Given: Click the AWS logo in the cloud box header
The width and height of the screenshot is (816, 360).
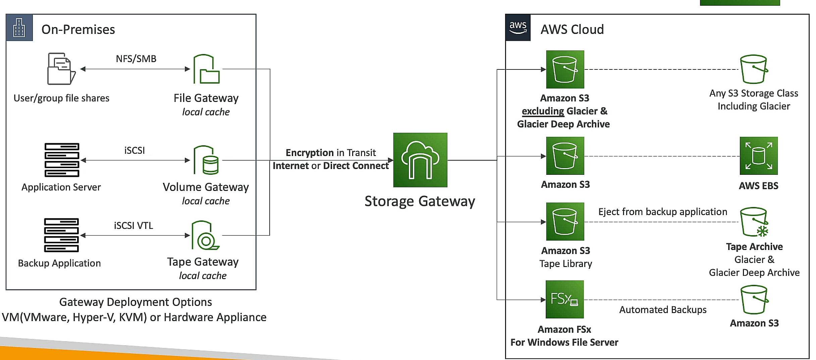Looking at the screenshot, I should coord(518,28).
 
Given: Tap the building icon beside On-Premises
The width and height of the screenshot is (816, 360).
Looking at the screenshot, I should coord(19,28).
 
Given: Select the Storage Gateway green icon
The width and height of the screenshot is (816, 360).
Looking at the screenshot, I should coord(420,160).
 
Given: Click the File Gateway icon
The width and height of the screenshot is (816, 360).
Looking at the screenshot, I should coord(206,69).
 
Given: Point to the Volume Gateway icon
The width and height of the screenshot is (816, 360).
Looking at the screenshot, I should coord(206,160).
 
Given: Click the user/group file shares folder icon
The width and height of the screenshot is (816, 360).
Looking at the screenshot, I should coord(61,69).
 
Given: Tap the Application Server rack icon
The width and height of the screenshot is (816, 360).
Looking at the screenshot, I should coord(62,160).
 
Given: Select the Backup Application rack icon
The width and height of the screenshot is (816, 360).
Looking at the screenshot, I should coord(61,235).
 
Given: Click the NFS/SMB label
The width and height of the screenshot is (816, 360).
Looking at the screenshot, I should coord(136,59).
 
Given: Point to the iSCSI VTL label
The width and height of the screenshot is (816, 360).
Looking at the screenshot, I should coord(133,225).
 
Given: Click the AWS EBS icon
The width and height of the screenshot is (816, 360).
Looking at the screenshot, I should coord(758,156).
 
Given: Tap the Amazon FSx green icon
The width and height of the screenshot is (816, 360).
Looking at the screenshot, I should coord(564,299).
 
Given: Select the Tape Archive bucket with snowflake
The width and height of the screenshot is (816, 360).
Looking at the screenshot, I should coord(754,222).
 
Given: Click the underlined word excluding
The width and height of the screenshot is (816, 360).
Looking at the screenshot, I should coord(543,111).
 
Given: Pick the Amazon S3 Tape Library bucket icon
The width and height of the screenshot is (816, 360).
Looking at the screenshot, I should coord(565,221).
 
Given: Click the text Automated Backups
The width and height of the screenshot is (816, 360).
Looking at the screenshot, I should coord(662,310).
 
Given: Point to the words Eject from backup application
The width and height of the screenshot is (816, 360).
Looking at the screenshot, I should coord(662,212).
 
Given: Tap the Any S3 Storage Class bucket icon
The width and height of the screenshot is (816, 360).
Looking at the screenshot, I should coord(754,69).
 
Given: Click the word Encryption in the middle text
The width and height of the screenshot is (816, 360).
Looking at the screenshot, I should coord(309,153).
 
